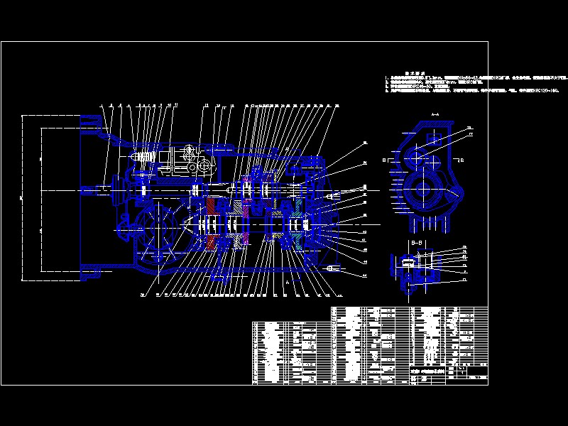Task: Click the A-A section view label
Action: [x=435, y=114]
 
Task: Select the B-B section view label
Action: [x=417, y=242]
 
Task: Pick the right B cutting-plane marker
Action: [x=461, y=160]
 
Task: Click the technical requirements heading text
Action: [x=413, y=72]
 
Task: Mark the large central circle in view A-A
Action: [x=427, y=190]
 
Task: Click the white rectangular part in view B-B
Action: [x=408, y=263]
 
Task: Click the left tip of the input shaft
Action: [x=86, y=190]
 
